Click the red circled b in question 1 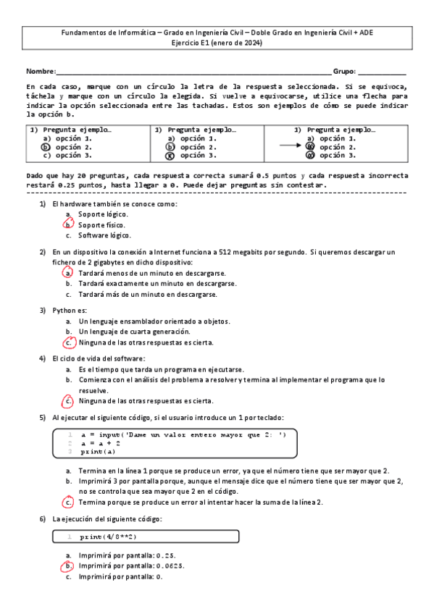pyautogui.click(x=68, y=225)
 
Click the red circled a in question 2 pyautogui.click(x=68, y=274)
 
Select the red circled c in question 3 pyautogui.click(x=68, y=342)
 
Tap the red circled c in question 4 pyautogui.click(x=68, y=400)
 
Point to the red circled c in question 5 pyautogui.click(x=68, y=501)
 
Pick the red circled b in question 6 pyautogui.click(x=68, y=566)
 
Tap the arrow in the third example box pyautogui.click(x=290, y=146)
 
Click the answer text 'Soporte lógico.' pyautogui.click(x=104, y=214)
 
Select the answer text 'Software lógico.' pyautogui.click(x=105, y=235)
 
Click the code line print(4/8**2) pyautogui.click(x=108, y=537)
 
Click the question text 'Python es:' pyautogui.click(x=70, y=310)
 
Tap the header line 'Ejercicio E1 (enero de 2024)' pyautogui.click(x=217, y=43)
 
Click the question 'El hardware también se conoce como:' pyautogui.click(x=114, y=204)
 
